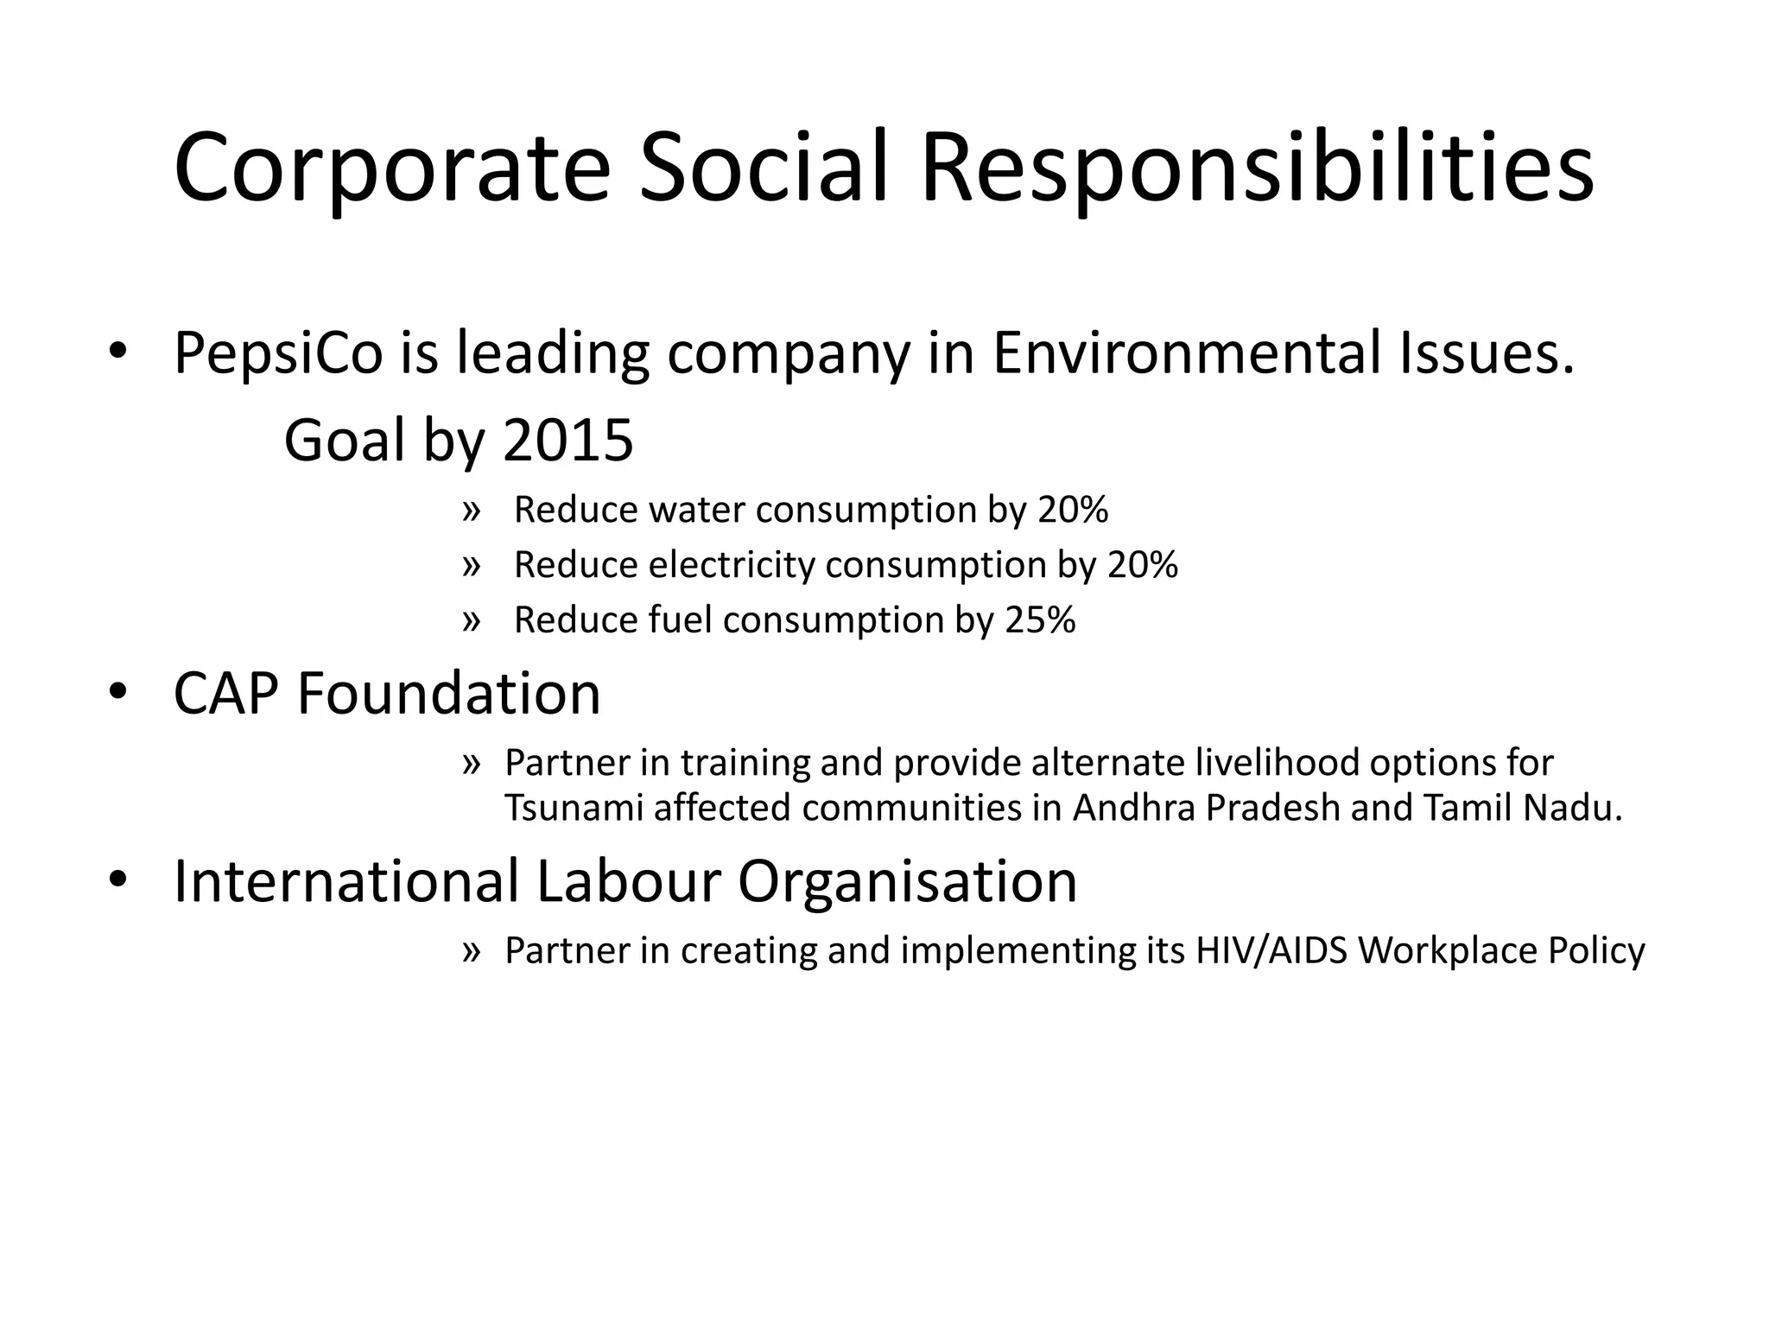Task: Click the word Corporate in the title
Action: tap(391, 168)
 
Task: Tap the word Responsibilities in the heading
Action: tap(1257, 168)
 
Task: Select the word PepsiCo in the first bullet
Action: tap(278, 353)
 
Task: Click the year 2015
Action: tap(567, 441)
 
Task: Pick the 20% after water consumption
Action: tap(1073, 510)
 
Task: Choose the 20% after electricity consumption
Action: tap(1143, 565)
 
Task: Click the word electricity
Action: tap(732, 565)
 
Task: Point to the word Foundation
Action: tap(448, 693)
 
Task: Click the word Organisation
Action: tap(907, 881)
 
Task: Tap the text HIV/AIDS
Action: tap(1271, 950)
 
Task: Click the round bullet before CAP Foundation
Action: tap(118, 693)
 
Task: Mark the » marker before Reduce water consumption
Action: tap(471, 511)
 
